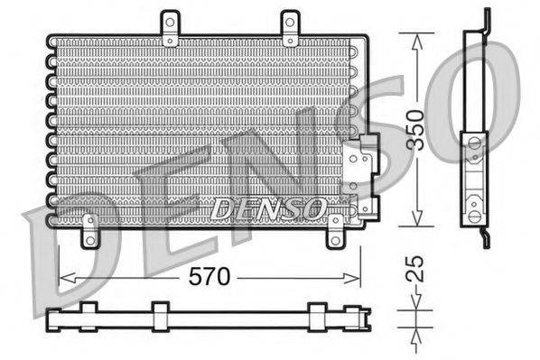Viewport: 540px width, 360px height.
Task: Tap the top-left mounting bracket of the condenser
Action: point(170,28)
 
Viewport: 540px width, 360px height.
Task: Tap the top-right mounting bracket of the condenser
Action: point(290,28)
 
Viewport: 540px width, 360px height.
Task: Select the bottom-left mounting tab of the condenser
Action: point(89,231)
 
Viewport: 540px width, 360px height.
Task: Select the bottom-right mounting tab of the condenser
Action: point(335,233)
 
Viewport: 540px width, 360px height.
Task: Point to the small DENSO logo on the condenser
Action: point(267,208)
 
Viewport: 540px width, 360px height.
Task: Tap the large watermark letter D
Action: point(63,253)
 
